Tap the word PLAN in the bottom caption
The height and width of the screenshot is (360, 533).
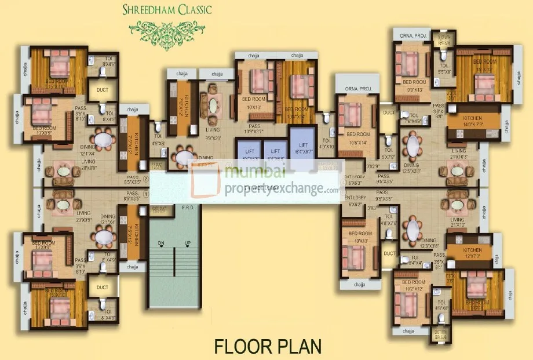coord(295,347)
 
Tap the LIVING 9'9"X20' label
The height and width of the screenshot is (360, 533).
coord(213,134)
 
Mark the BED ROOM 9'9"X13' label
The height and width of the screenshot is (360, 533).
coord(414,86)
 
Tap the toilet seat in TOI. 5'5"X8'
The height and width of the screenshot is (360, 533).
coord(443,56)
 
